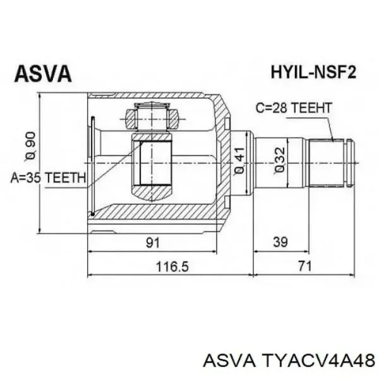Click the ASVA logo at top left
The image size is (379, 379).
coord(44,75)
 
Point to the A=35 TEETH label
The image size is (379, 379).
coord(48,178)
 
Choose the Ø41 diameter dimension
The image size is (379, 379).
coord(239,162)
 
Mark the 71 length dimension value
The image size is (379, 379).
coord(305,267)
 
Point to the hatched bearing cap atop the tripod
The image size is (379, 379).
coord(152,117)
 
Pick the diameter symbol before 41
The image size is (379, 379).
coord(239,172)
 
